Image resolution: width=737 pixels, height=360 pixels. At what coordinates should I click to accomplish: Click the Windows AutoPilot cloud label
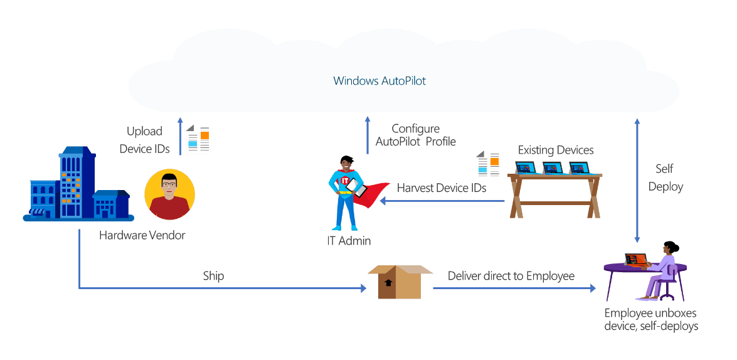click(x=379, y=81)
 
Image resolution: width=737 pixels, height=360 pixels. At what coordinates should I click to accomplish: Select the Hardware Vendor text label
click(x=142, y=236)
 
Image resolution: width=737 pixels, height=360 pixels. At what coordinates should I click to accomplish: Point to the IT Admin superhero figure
click(x=347, y=194)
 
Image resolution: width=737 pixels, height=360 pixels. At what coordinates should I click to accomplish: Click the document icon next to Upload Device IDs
click(x=199, y=139)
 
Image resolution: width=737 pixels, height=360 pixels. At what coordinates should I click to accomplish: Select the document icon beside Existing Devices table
click(x=489, y=166)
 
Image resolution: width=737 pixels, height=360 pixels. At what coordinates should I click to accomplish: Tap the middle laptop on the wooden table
click(x=553, y=167)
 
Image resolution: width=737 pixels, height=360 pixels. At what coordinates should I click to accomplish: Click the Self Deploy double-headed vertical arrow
click(x=637, y=180)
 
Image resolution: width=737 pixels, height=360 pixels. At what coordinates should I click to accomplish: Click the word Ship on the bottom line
click(x=213, y=276)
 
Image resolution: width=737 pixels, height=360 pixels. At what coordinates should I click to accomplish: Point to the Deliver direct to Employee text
click(x=511, y=276)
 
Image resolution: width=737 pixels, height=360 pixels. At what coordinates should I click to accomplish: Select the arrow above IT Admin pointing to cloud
click(x=368, y=135)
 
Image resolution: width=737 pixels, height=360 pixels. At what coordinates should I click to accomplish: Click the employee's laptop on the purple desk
click(x=635, y=260)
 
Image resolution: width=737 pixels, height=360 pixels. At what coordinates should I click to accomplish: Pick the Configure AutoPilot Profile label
click(x=415, y=135)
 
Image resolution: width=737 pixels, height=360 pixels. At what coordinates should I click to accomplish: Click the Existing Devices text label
click(x=555, y=150)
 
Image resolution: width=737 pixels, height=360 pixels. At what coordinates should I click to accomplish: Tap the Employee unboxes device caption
click(x=650, y=320)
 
